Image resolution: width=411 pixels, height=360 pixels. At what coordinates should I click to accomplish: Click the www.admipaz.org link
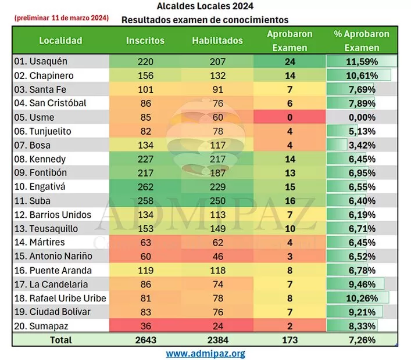coord(205,353)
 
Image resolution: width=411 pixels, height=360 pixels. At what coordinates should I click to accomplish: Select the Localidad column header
coord(60,41)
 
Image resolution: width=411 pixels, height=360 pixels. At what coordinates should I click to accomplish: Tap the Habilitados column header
coord(217,41)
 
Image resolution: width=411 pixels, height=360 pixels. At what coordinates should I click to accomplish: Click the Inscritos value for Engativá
coord(145,187)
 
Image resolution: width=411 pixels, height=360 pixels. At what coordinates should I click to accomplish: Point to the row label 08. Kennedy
coord(40,159)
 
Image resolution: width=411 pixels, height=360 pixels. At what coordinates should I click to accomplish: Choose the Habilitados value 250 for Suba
coord(217,201)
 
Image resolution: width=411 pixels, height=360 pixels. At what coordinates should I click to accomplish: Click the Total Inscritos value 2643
coord(145,340)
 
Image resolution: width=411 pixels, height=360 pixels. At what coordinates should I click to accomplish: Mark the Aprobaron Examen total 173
coord(290,340)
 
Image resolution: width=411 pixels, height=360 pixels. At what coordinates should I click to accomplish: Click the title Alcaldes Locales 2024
coord(205,8)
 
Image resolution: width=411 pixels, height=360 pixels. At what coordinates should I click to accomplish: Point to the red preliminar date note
coord(61,18)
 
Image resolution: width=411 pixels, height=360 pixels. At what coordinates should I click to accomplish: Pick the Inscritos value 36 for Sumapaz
coord(145,326)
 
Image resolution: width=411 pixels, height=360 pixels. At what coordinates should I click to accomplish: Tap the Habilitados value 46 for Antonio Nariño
coord(217,257)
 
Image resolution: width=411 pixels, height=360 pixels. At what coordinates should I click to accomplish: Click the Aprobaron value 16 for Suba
coord(290,201)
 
